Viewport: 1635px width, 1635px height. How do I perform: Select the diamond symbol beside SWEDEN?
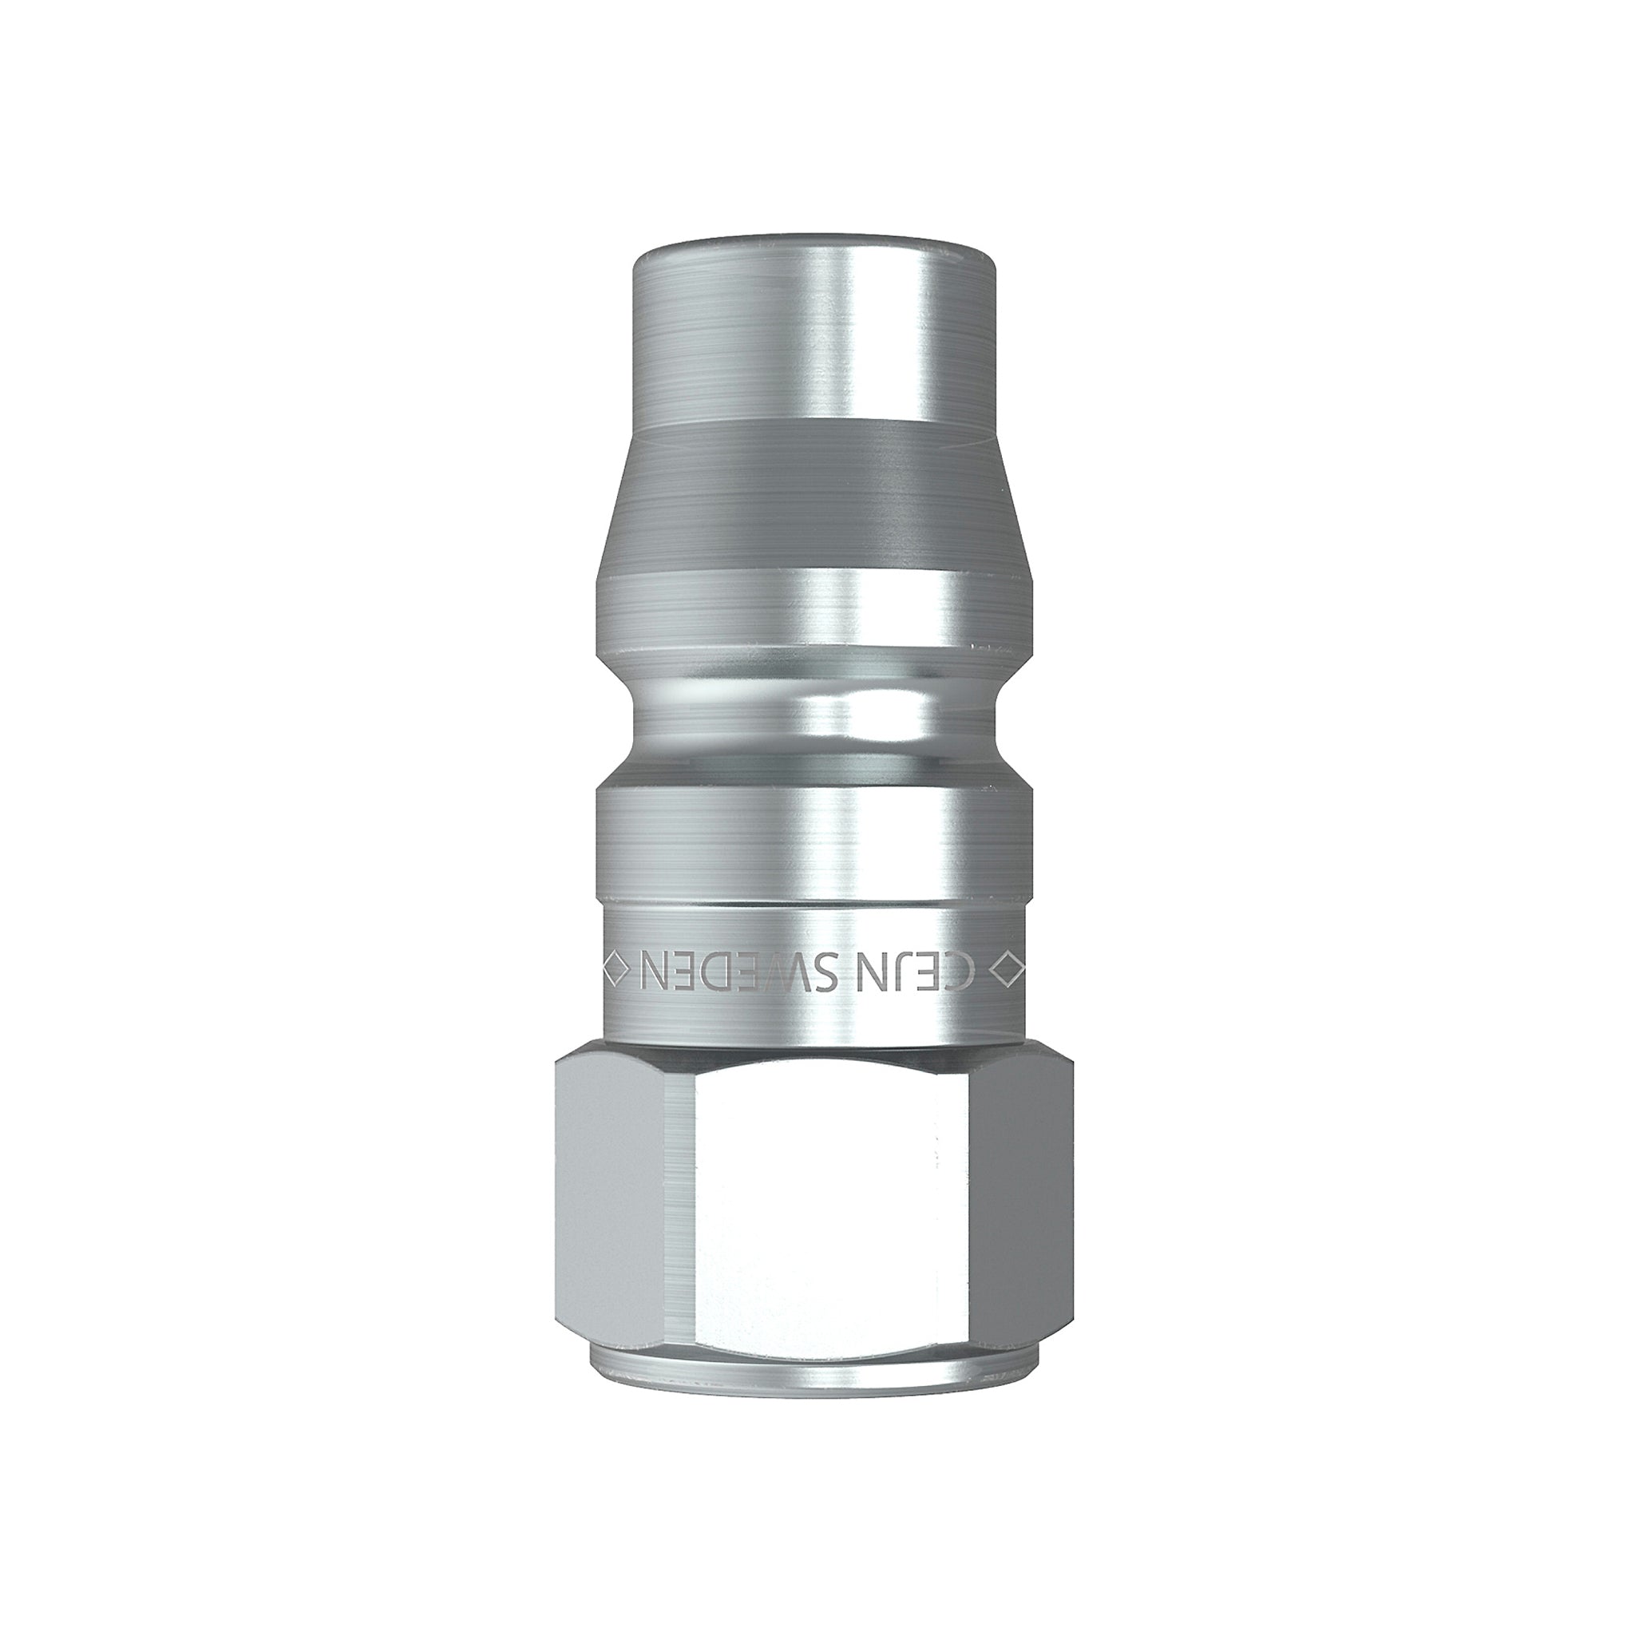[x=616, y=968]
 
